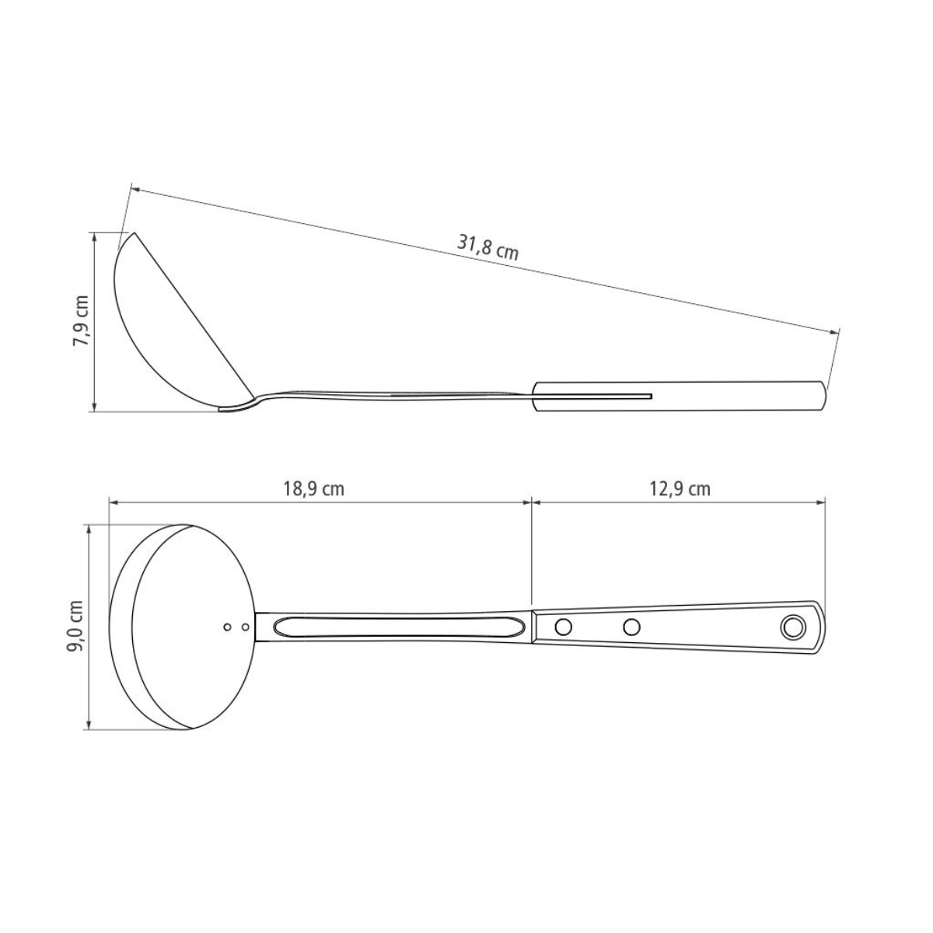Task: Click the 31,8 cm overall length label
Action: [487, 246]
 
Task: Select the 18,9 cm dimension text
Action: [313, 489]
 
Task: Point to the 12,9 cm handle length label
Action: [679, 489]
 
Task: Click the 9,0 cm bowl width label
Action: [75, 627]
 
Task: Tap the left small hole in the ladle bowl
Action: [227, 626]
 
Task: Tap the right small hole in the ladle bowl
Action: [245, 626]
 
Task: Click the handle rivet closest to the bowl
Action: [563, 626]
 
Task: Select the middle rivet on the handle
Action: [632, 626]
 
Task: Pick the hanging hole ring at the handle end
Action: [794, 626]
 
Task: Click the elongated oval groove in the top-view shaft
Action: [393, 626]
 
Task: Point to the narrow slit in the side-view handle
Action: [591, 397]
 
